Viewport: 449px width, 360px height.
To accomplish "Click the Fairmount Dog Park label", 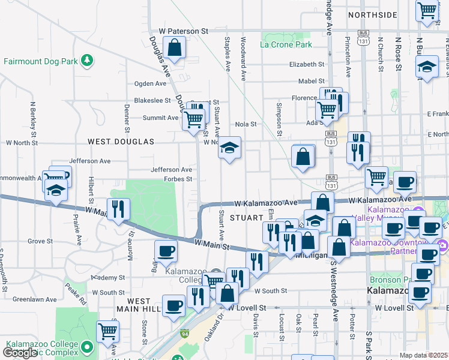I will [x=41, y=61].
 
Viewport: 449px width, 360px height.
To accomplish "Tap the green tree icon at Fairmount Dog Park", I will [x=88, y=60].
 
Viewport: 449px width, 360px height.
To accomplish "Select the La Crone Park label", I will [x=286, y=44].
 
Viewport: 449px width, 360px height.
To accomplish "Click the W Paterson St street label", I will [x=183, y=30].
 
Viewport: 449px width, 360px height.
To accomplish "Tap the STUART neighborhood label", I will [x=246, y=218].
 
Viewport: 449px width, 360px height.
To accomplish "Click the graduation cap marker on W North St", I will [x=229, y=148].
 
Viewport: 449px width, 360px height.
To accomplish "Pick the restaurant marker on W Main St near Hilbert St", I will [x=119, y=209].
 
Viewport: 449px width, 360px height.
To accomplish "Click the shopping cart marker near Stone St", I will [x=107, y=330].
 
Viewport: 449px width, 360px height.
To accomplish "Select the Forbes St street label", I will [x=179, y=179].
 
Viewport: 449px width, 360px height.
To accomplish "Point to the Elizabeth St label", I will [x=306, y=64].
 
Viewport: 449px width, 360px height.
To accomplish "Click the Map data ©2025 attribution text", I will [x=423, y=355].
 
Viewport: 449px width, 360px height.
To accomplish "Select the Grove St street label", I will [x=40, y=241].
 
